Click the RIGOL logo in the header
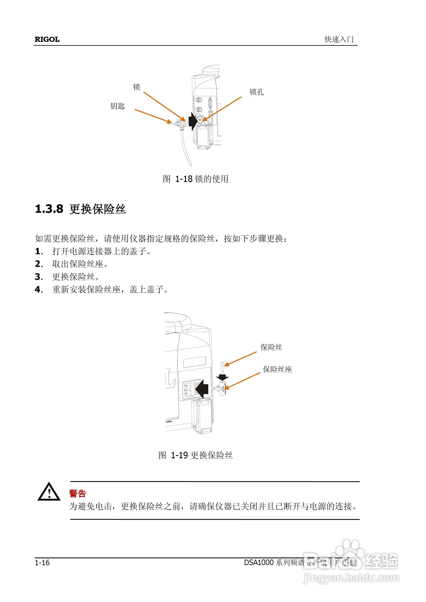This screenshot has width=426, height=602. [47, 39]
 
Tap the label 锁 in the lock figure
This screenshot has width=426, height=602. [136, 87]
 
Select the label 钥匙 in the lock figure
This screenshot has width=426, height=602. [117, 106]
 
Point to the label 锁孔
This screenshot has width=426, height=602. [257, 92]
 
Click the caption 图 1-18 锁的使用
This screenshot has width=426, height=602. [195, 179]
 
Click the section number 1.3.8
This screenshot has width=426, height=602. [49, 209]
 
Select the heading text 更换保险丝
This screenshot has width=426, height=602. [98, 209]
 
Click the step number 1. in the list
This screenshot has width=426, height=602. [39, 251]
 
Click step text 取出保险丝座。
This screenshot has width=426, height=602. [80, 264]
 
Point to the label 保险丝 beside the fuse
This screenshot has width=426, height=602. [271, 347]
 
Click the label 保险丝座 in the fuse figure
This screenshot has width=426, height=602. [277, 369]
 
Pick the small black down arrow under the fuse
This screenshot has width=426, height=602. [222, 377]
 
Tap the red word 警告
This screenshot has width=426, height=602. [78, 493]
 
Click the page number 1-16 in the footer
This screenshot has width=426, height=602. [42, 562]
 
